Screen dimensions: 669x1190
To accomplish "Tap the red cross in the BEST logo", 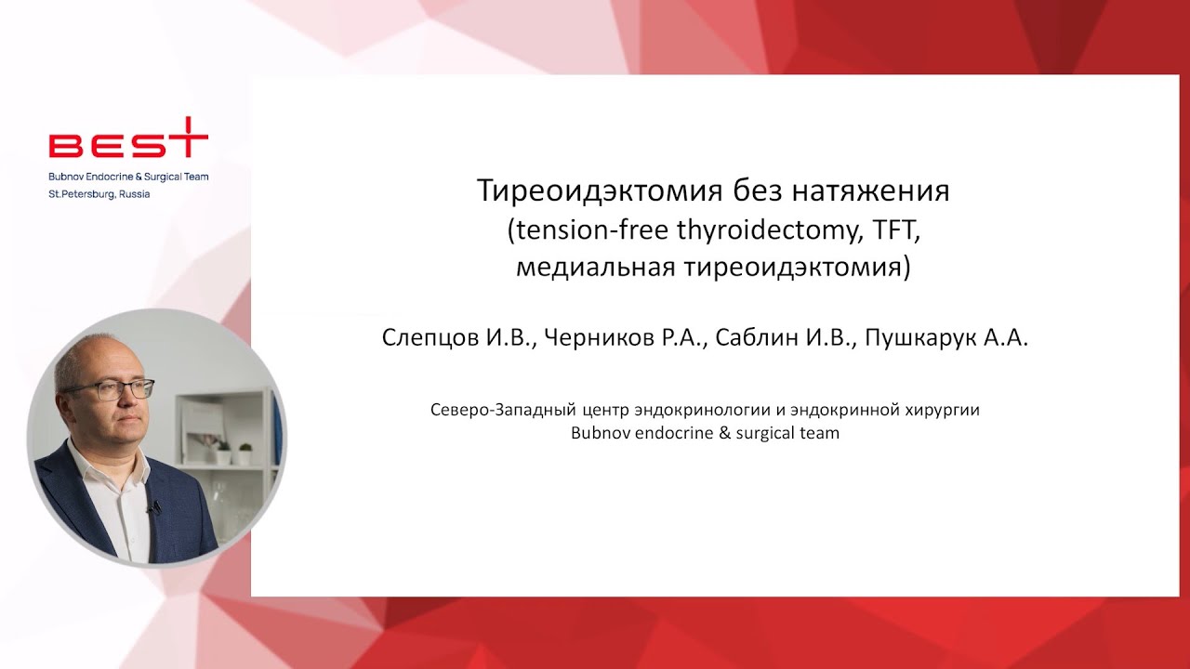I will [190, 138].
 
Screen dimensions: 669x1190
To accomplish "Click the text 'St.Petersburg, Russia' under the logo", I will [99, 194].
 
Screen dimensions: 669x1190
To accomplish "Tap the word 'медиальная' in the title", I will [596, 268].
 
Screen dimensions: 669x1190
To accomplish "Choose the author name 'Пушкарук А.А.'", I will [946, 338].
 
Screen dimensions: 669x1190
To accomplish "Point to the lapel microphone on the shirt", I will [152, 507].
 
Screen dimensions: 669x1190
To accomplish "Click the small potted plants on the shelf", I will [232, 453].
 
